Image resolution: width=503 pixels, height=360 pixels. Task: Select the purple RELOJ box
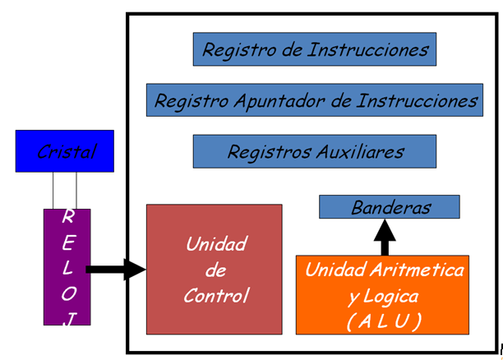click(x=67, y=267)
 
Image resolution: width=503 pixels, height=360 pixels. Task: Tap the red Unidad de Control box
click(x=214, y=269)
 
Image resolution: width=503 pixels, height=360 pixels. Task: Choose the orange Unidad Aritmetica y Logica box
click(x=385, y=295)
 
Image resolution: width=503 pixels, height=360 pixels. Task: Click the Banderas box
click(x=389, y=207)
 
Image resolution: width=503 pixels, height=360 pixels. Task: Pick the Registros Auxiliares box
click(x=315, y=152)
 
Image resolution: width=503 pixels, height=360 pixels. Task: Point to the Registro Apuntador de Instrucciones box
click(x=315, y=101)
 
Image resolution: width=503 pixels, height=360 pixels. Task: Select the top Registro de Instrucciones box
click(x=315, y=50)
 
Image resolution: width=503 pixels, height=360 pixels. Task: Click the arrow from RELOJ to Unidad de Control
click(x=116, y=269)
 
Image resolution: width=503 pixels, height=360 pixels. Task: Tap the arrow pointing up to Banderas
click(x=384, y=238)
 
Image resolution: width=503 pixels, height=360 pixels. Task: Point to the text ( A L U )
click(x=385, y=320)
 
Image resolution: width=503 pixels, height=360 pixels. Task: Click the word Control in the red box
click(x=216, y=296)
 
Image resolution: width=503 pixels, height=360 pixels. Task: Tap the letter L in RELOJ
click(x=68, y=267)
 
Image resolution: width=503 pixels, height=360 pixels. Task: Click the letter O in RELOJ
click(x=68, y=293)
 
